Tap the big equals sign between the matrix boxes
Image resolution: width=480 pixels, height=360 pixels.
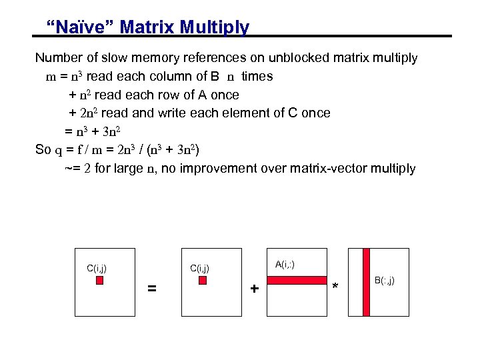point(152,289)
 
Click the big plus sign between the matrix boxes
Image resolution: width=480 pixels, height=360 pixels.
point(254,289)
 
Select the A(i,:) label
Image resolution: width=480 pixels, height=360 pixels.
point(285,265)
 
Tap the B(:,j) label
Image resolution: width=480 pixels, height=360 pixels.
point(384,280)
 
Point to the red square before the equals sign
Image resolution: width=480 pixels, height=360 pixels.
point(100,281)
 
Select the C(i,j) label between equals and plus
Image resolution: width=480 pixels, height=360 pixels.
point(200,269)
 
